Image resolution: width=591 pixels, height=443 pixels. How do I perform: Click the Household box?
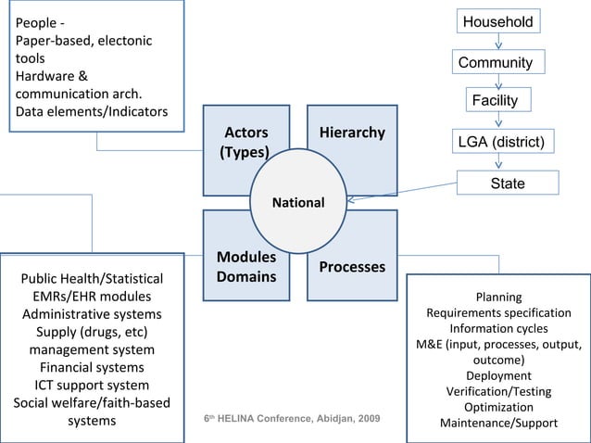click(498, 21)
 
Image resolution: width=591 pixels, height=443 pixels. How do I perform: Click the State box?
click(507, 184)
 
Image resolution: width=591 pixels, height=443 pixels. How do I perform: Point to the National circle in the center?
click(296, 202)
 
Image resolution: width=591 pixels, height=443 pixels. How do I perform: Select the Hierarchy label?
click(352, 133)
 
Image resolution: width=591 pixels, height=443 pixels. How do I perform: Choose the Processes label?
click(352, 267)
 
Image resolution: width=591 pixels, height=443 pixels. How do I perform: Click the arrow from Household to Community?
click(499, 43)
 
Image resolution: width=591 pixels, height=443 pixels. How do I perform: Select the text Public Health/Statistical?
click(92, 279)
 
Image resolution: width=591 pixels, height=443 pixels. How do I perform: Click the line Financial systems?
click(92, 367)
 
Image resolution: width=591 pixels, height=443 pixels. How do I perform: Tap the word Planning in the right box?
click(498, 297)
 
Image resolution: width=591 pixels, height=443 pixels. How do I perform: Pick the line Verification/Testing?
click(498, 392)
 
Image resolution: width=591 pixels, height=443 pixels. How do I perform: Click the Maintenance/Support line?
click(498, 424)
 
